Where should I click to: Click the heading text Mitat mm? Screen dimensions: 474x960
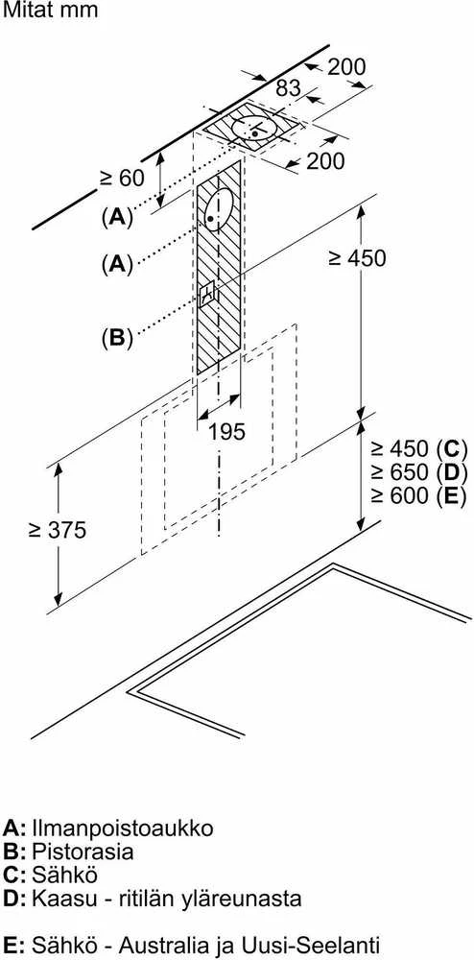coord(50,11)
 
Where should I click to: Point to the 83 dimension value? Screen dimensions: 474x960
coord(288,88)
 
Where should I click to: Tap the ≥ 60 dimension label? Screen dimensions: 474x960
coord(122,178)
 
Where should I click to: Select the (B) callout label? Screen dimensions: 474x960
coord(117,338)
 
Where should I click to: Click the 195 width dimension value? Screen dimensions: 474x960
coord(226,432)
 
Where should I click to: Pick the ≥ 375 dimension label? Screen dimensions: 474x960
coord(58,530)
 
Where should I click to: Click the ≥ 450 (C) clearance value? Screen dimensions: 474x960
coord(418,448)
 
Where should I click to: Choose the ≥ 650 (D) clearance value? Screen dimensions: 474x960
coord(418,472)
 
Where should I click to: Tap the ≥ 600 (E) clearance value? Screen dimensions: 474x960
coord(418,494)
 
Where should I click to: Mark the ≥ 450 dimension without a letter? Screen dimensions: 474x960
coord(358,258)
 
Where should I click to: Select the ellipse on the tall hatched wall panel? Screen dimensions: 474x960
coord(218,210)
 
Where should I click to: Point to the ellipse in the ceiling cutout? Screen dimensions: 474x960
coord(255,129)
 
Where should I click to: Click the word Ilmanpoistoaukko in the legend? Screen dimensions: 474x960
coord(122,828)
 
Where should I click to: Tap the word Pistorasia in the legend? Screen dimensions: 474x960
coord(83,851)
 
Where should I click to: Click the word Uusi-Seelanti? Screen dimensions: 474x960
coord(323,943)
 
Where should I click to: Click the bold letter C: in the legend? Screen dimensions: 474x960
coord(14,875)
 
